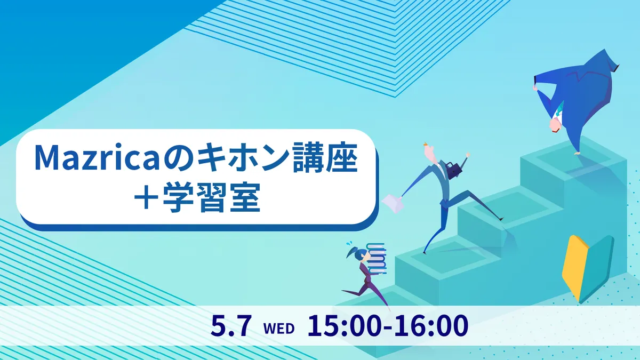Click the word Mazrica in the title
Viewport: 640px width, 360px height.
tap(97, 158)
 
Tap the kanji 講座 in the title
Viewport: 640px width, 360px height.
tap(325, 158)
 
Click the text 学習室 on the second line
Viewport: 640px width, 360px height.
tap(211, 197)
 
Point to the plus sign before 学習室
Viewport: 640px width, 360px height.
tap(146, 198)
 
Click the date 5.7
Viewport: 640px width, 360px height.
tap(231, 325)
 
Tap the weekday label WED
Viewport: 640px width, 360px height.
tap(278, 329)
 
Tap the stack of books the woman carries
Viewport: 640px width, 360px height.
tap(377, 259)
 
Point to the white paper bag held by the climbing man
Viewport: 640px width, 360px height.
tap(393, 203)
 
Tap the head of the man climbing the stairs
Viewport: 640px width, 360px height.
tap(430, 151)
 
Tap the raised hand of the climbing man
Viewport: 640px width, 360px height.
tap(467, 155)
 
